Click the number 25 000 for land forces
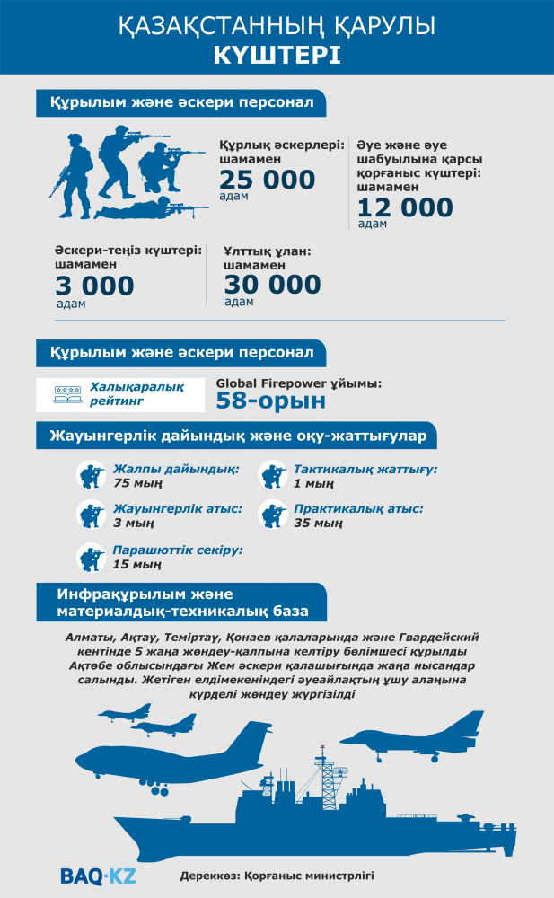267,180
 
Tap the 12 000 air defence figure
405,208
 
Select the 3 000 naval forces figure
94,286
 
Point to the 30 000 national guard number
272,285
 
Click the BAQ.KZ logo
98,874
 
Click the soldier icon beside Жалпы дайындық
92,474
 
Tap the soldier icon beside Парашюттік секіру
92,557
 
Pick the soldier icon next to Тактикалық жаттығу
272,474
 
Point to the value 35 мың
319,524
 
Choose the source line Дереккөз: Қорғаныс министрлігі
276,874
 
